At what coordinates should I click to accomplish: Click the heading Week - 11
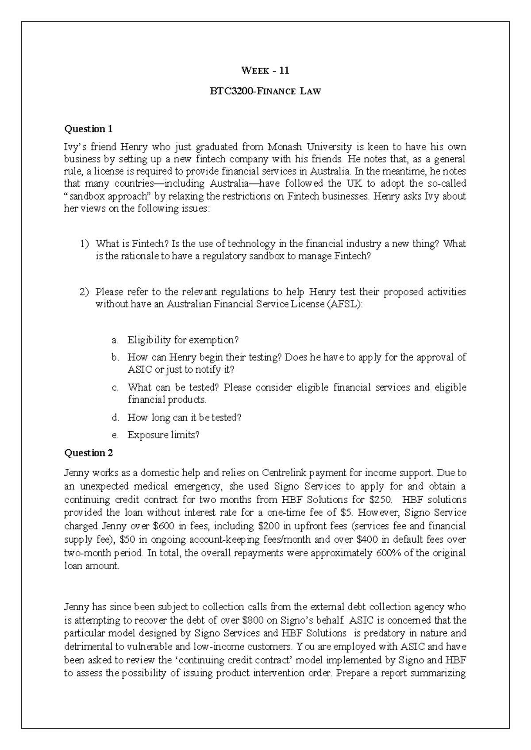pyautogui.click(x=265, y=70)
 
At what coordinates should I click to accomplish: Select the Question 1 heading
pyautogui.click(x=88, y=129)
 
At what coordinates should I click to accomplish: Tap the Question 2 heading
pyautogui.click(x=88, y=453)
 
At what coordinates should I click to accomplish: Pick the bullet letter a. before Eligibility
pyautogui.click(x=115, y=341)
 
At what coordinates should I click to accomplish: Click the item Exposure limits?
pyautogui.click(x=163, y=435)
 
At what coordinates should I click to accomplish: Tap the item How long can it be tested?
pyautogui.click(x=184, y=417)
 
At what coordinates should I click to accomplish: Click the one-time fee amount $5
pyautogui.click(x=347, y=513)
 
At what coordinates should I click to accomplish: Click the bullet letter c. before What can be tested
pyautogui.click(x=115, y=388)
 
